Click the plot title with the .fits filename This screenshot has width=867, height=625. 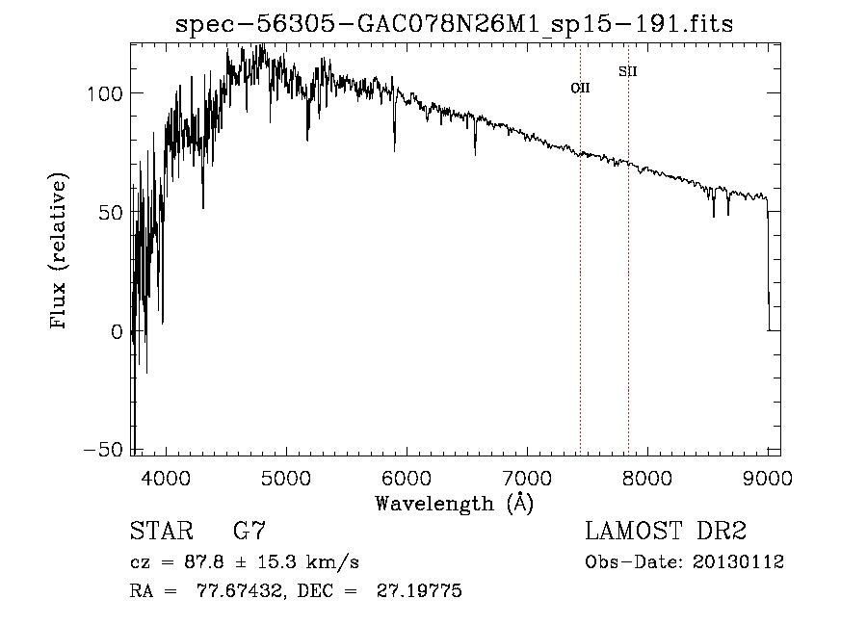pos(454,25)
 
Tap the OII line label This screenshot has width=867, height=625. pos(580,88)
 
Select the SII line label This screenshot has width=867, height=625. pos(627,71)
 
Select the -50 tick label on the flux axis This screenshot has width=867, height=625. pos(103,451)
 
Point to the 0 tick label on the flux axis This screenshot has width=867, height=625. pos(118,331)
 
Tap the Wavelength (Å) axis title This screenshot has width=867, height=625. pos(454,503)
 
